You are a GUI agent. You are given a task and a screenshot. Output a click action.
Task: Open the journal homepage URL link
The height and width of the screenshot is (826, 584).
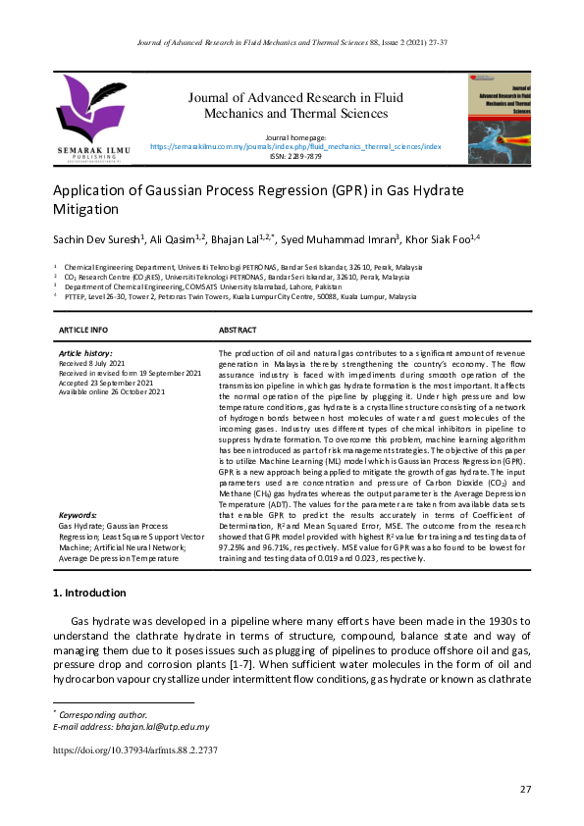click(295, 146)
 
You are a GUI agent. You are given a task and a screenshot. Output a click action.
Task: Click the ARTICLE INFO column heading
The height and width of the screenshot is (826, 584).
click(84, 330)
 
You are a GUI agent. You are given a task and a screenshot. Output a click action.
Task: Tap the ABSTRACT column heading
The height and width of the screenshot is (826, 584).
click(239, 330)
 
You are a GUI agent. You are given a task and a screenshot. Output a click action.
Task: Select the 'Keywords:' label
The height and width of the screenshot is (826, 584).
click(77, 515)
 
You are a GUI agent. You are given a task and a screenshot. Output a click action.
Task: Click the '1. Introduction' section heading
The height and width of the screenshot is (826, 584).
click(88, 594)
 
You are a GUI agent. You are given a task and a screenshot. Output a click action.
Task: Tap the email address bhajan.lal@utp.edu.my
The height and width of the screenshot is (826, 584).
click(157, 727)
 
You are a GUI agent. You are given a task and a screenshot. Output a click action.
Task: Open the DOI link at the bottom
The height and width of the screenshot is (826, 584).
click(134, 750)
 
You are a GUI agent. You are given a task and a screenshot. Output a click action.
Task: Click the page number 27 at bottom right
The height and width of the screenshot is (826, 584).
click(526, 790)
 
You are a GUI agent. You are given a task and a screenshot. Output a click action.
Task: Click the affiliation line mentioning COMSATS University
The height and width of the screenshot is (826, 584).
click(186, 284)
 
